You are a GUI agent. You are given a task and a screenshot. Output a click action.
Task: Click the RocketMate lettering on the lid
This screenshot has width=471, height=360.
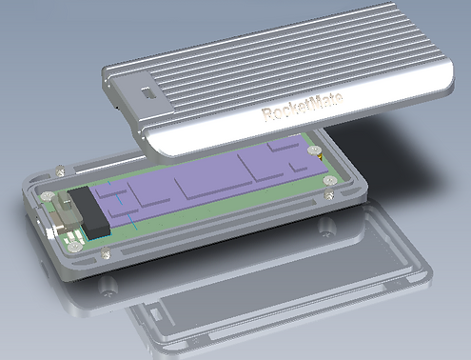point(302,107)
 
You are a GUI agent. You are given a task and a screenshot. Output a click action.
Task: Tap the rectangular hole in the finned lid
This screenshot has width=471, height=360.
point(147,92)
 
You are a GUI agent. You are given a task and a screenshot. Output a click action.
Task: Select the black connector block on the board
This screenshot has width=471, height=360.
point(89,212)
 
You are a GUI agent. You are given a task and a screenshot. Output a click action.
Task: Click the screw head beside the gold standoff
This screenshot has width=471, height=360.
point(314,150)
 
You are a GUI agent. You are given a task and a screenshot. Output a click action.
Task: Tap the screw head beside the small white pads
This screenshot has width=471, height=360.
point(75,247)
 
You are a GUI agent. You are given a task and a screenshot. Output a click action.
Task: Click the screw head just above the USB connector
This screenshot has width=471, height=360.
point(48,196)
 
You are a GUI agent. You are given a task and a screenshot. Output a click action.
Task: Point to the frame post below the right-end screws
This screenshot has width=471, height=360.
point(330,193)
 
